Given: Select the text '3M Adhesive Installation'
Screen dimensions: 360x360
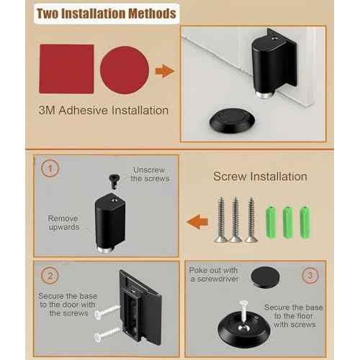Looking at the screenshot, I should pyautogui.click(x=104, y=111).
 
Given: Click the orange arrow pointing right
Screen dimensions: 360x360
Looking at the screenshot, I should pyautogui.click(x=165, y=71).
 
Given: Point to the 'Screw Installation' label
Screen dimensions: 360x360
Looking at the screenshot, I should pyautogui.click(x=260, y=176).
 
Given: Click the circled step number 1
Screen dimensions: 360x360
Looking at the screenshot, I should pyautogui.click(x=48, y=170).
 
